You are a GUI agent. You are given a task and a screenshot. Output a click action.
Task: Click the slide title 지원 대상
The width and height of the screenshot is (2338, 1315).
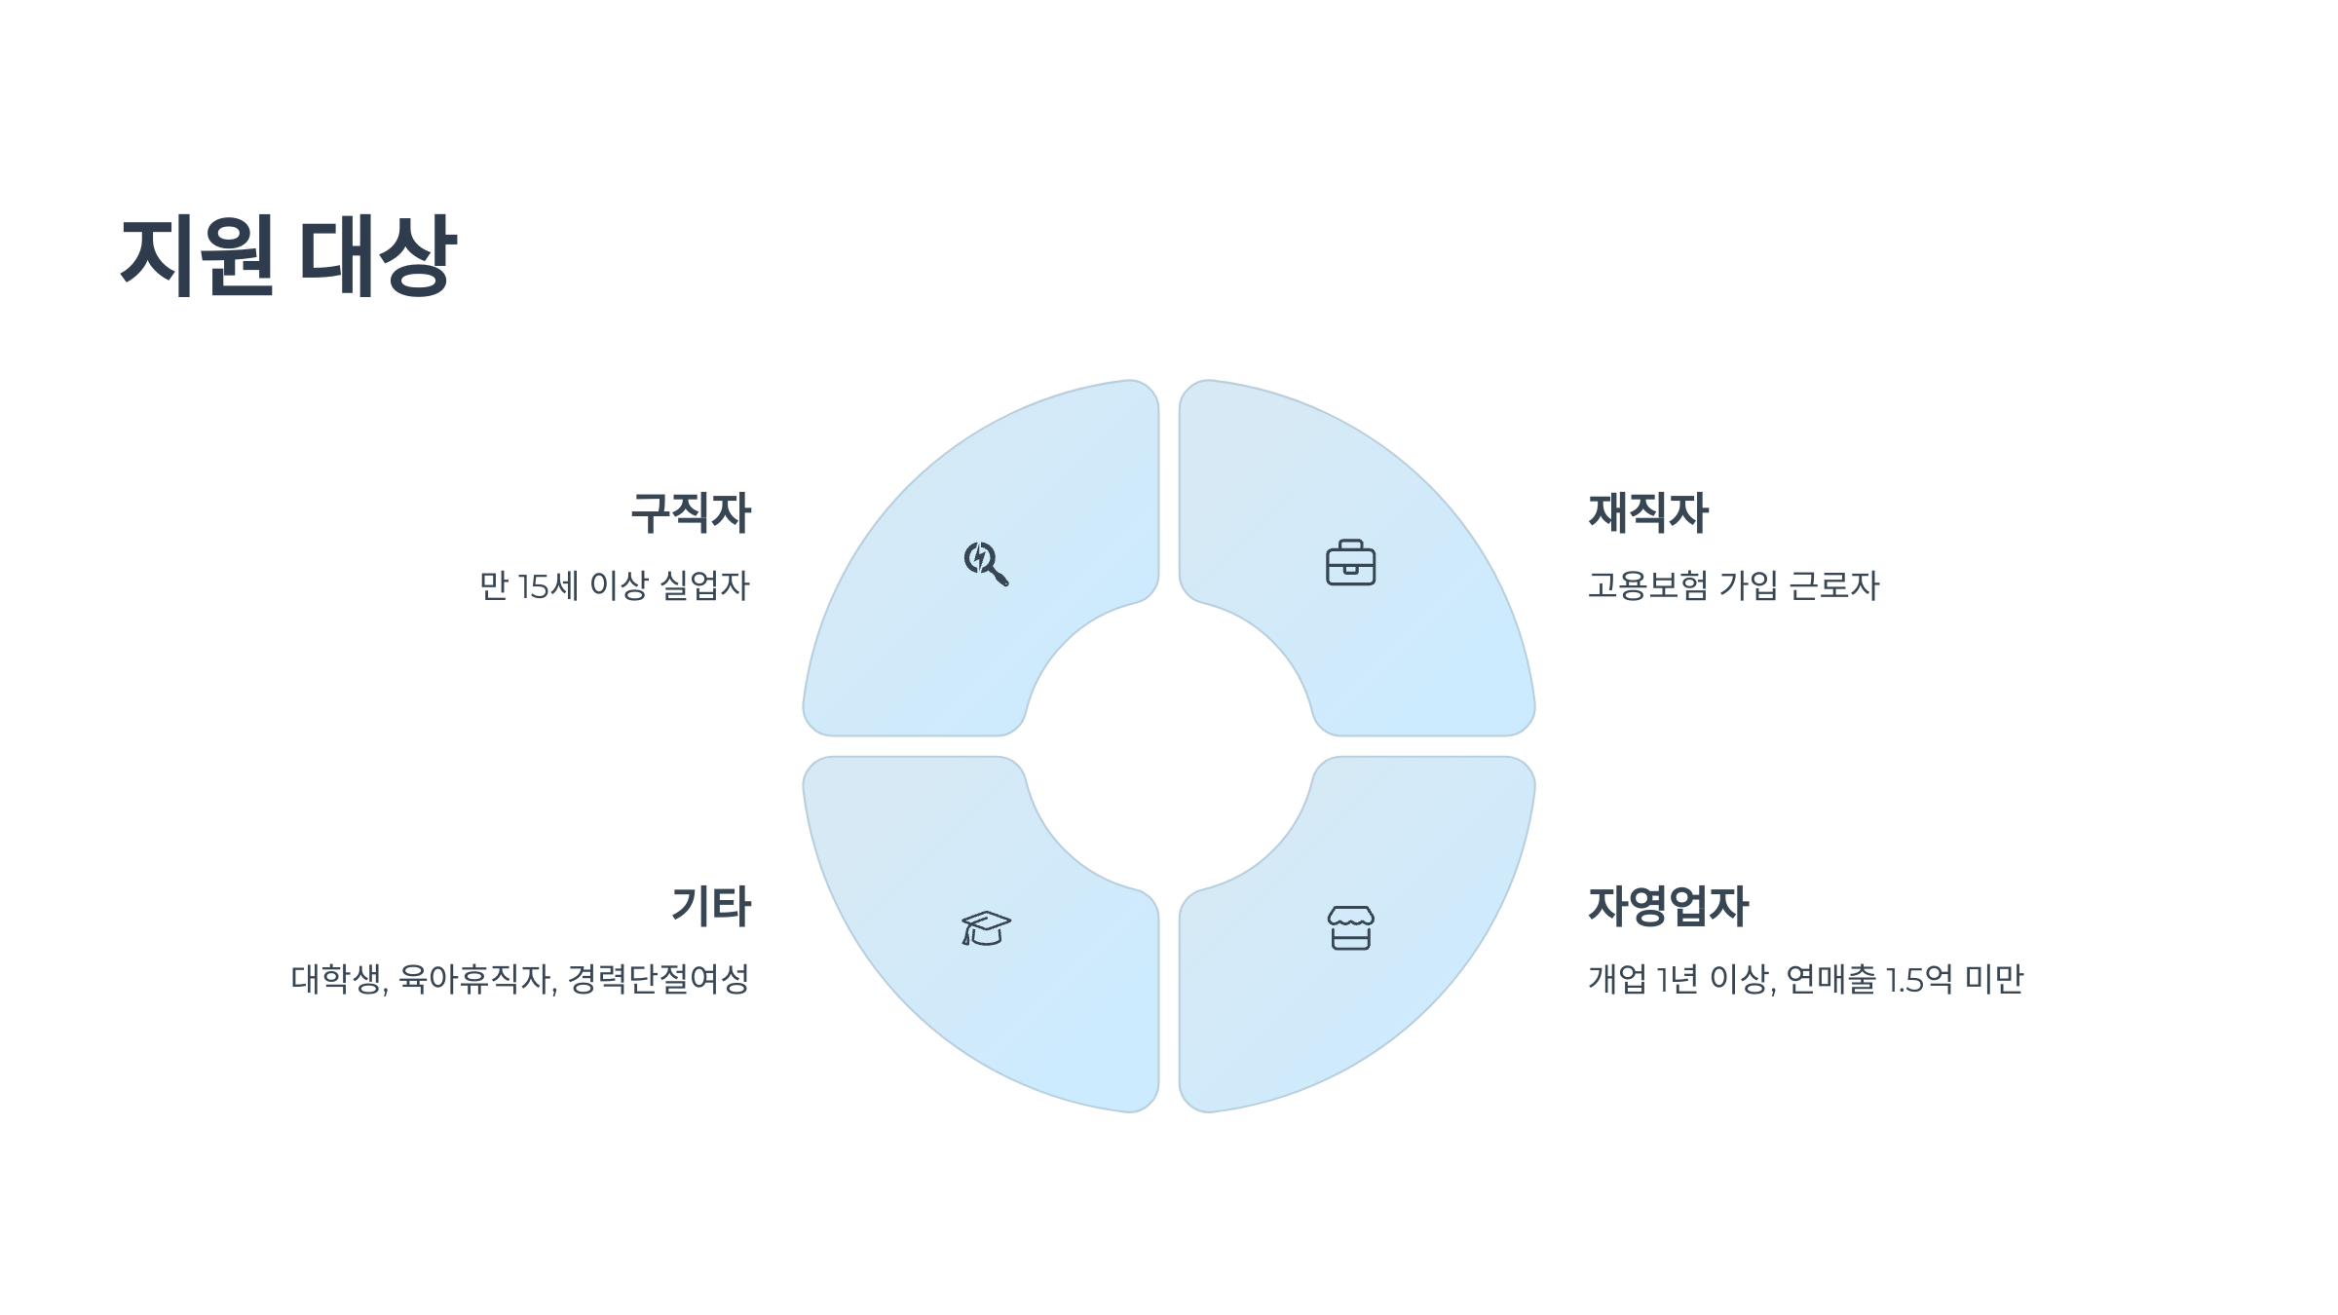[288, 255]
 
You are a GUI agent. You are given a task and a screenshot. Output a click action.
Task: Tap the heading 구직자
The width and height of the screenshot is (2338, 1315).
[691, 513]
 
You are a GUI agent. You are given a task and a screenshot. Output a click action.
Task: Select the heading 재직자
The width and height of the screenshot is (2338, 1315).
[1648, 513]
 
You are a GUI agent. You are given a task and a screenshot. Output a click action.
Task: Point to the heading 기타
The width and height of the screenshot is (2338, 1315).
[711, 907]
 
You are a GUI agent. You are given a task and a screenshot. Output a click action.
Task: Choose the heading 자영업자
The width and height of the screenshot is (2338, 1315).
[1669, 907]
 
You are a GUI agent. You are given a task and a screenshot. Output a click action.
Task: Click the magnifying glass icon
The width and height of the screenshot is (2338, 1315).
[986, 563]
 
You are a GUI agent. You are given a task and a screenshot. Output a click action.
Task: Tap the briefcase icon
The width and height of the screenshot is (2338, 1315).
[1350, 563]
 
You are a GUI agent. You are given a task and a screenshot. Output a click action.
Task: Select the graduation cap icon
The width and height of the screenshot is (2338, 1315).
[986, 928]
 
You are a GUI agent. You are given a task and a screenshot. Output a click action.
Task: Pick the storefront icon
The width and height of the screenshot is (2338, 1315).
[1350, 928]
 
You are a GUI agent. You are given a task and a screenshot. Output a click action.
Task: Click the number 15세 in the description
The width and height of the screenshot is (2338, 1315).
[547, 586]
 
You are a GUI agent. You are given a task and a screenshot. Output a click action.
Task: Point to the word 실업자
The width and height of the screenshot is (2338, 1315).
[705, 586]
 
